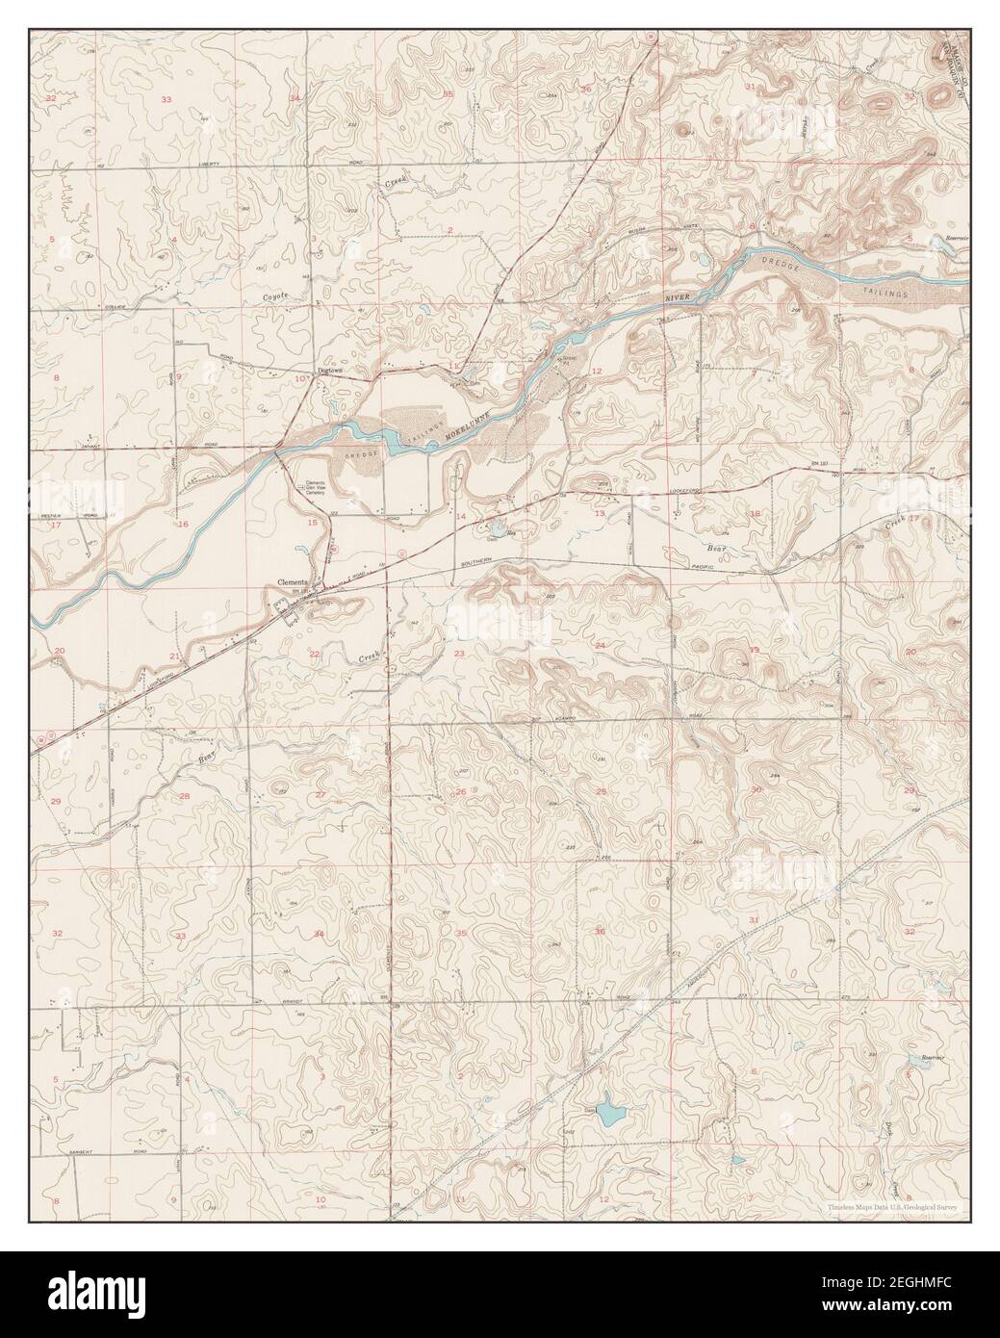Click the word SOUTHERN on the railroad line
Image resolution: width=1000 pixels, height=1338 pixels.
pyautogui.click(x=478, y=562)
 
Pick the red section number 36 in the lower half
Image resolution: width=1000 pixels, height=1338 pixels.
pyautogui.click(x=600, y=931)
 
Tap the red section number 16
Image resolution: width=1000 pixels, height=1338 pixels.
pyautogui.click(x=182, y=525)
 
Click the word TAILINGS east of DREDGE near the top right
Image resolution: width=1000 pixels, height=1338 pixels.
pyautogui.click(x=890, y=292)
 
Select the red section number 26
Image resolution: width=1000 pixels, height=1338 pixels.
pyautogui.click(x=460, y=792)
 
